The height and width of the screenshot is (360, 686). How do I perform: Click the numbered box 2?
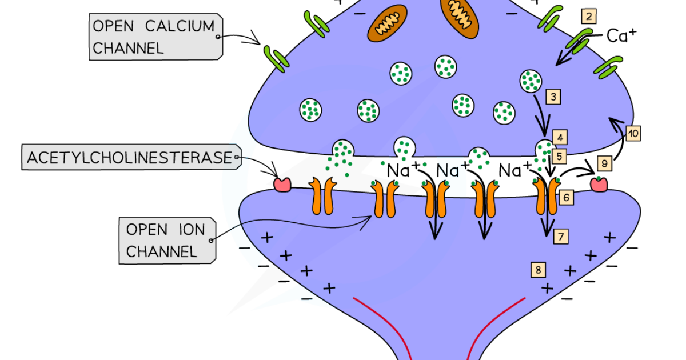click(x=589, y=16)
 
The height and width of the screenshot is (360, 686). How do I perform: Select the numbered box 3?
click(x=553, y=97)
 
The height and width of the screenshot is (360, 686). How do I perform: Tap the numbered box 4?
click(x=560, y=138)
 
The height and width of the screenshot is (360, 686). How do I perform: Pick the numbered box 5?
click(x=559, y=157)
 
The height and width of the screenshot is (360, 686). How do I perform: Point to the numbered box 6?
click(x=566, y=198)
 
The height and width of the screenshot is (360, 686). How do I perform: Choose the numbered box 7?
click(x=561, y=237)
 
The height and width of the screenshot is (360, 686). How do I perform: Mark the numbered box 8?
click(x=538, y=270)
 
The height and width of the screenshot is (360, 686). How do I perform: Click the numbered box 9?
click(x=605, y=163)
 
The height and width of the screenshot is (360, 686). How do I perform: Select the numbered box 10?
click(x=633, y=134)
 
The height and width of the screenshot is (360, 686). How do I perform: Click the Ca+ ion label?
click(x=621, y=36)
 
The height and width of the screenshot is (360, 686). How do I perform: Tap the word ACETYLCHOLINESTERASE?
click(x=129, y=158)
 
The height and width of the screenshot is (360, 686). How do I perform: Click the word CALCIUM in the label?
click(x=180, y=26)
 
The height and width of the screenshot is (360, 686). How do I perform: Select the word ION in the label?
click(x=192, y=230)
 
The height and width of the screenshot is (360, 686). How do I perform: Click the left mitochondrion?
click(x=387, y=23)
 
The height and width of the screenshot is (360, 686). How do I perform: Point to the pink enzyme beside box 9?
click(x=599, y=185)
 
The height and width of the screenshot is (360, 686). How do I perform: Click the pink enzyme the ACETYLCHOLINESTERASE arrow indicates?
click(x=282, y=185)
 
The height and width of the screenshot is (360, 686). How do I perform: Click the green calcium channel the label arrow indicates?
click(x=276, y=59)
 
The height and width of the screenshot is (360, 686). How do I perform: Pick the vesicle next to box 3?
click(x=531, y=81)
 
